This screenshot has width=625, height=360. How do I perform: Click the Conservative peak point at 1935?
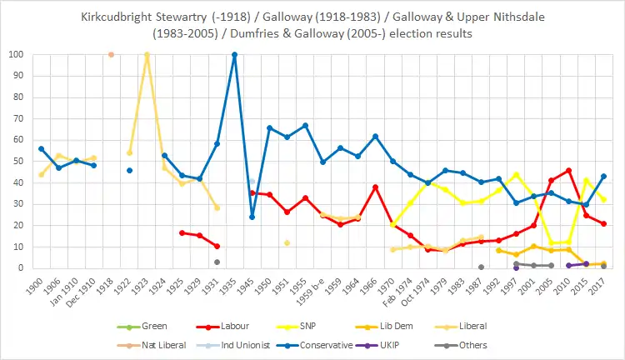pos(234,55)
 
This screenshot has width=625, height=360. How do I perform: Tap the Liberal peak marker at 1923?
pos(147,55)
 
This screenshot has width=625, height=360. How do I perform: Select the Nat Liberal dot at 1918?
pos(111,55)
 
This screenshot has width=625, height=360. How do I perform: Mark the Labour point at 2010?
pos(569,171)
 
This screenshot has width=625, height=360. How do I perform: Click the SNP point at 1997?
pos(516,174)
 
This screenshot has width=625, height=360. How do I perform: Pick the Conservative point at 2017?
pos(603,177)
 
